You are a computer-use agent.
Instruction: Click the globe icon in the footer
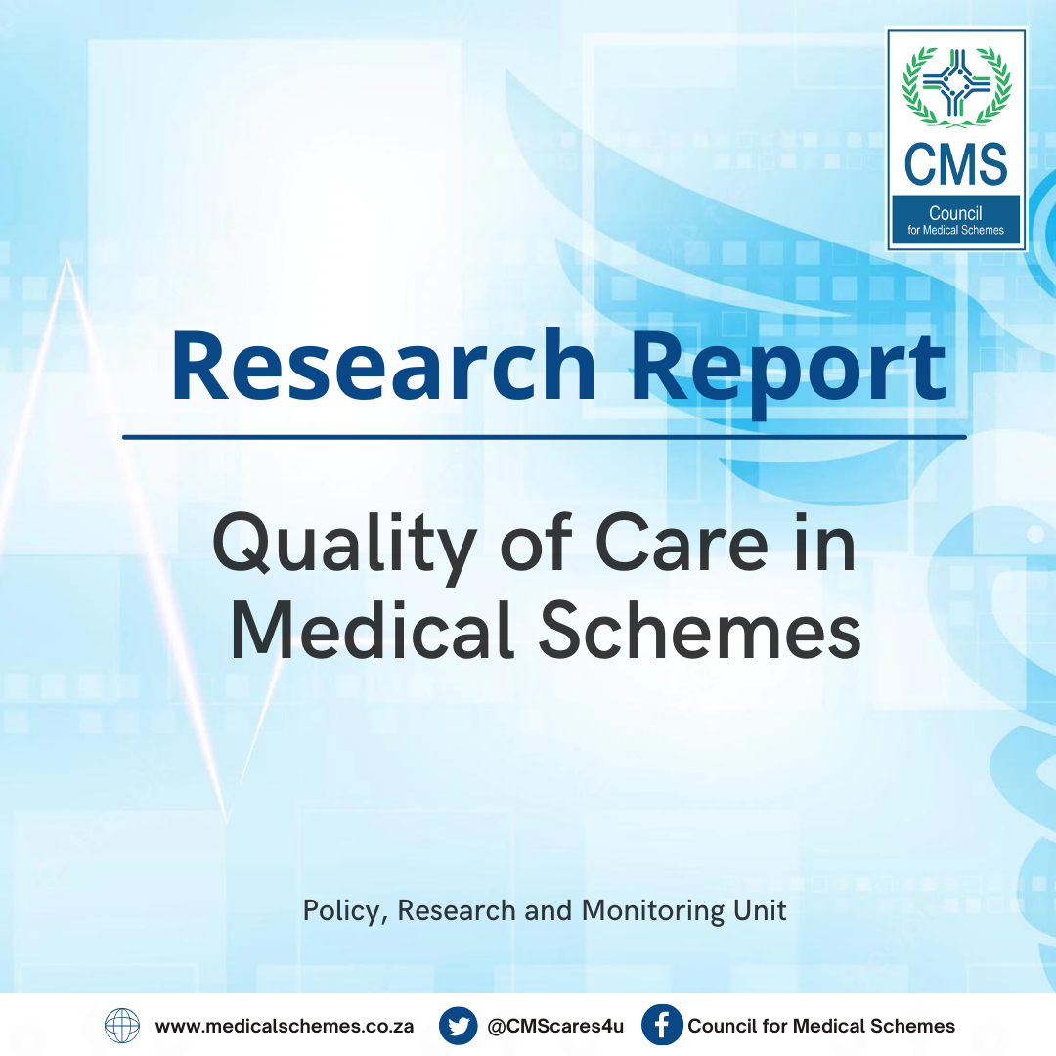coord(122,1026)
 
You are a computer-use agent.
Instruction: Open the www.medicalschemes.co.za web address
coord(284,1027)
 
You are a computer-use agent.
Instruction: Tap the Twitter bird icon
coord(458,1026)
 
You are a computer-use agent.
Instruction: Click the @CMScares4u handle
coord(555,1027)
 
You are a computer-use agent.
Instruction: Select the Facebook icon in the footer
coord(662,1026)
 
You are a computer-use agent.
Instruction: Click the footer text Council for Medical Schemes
coord(821,1027)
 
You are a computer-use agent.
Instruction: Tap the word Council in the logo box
coord(955,214)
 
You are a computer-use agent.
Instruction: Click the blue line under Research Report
coord(544,437)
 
